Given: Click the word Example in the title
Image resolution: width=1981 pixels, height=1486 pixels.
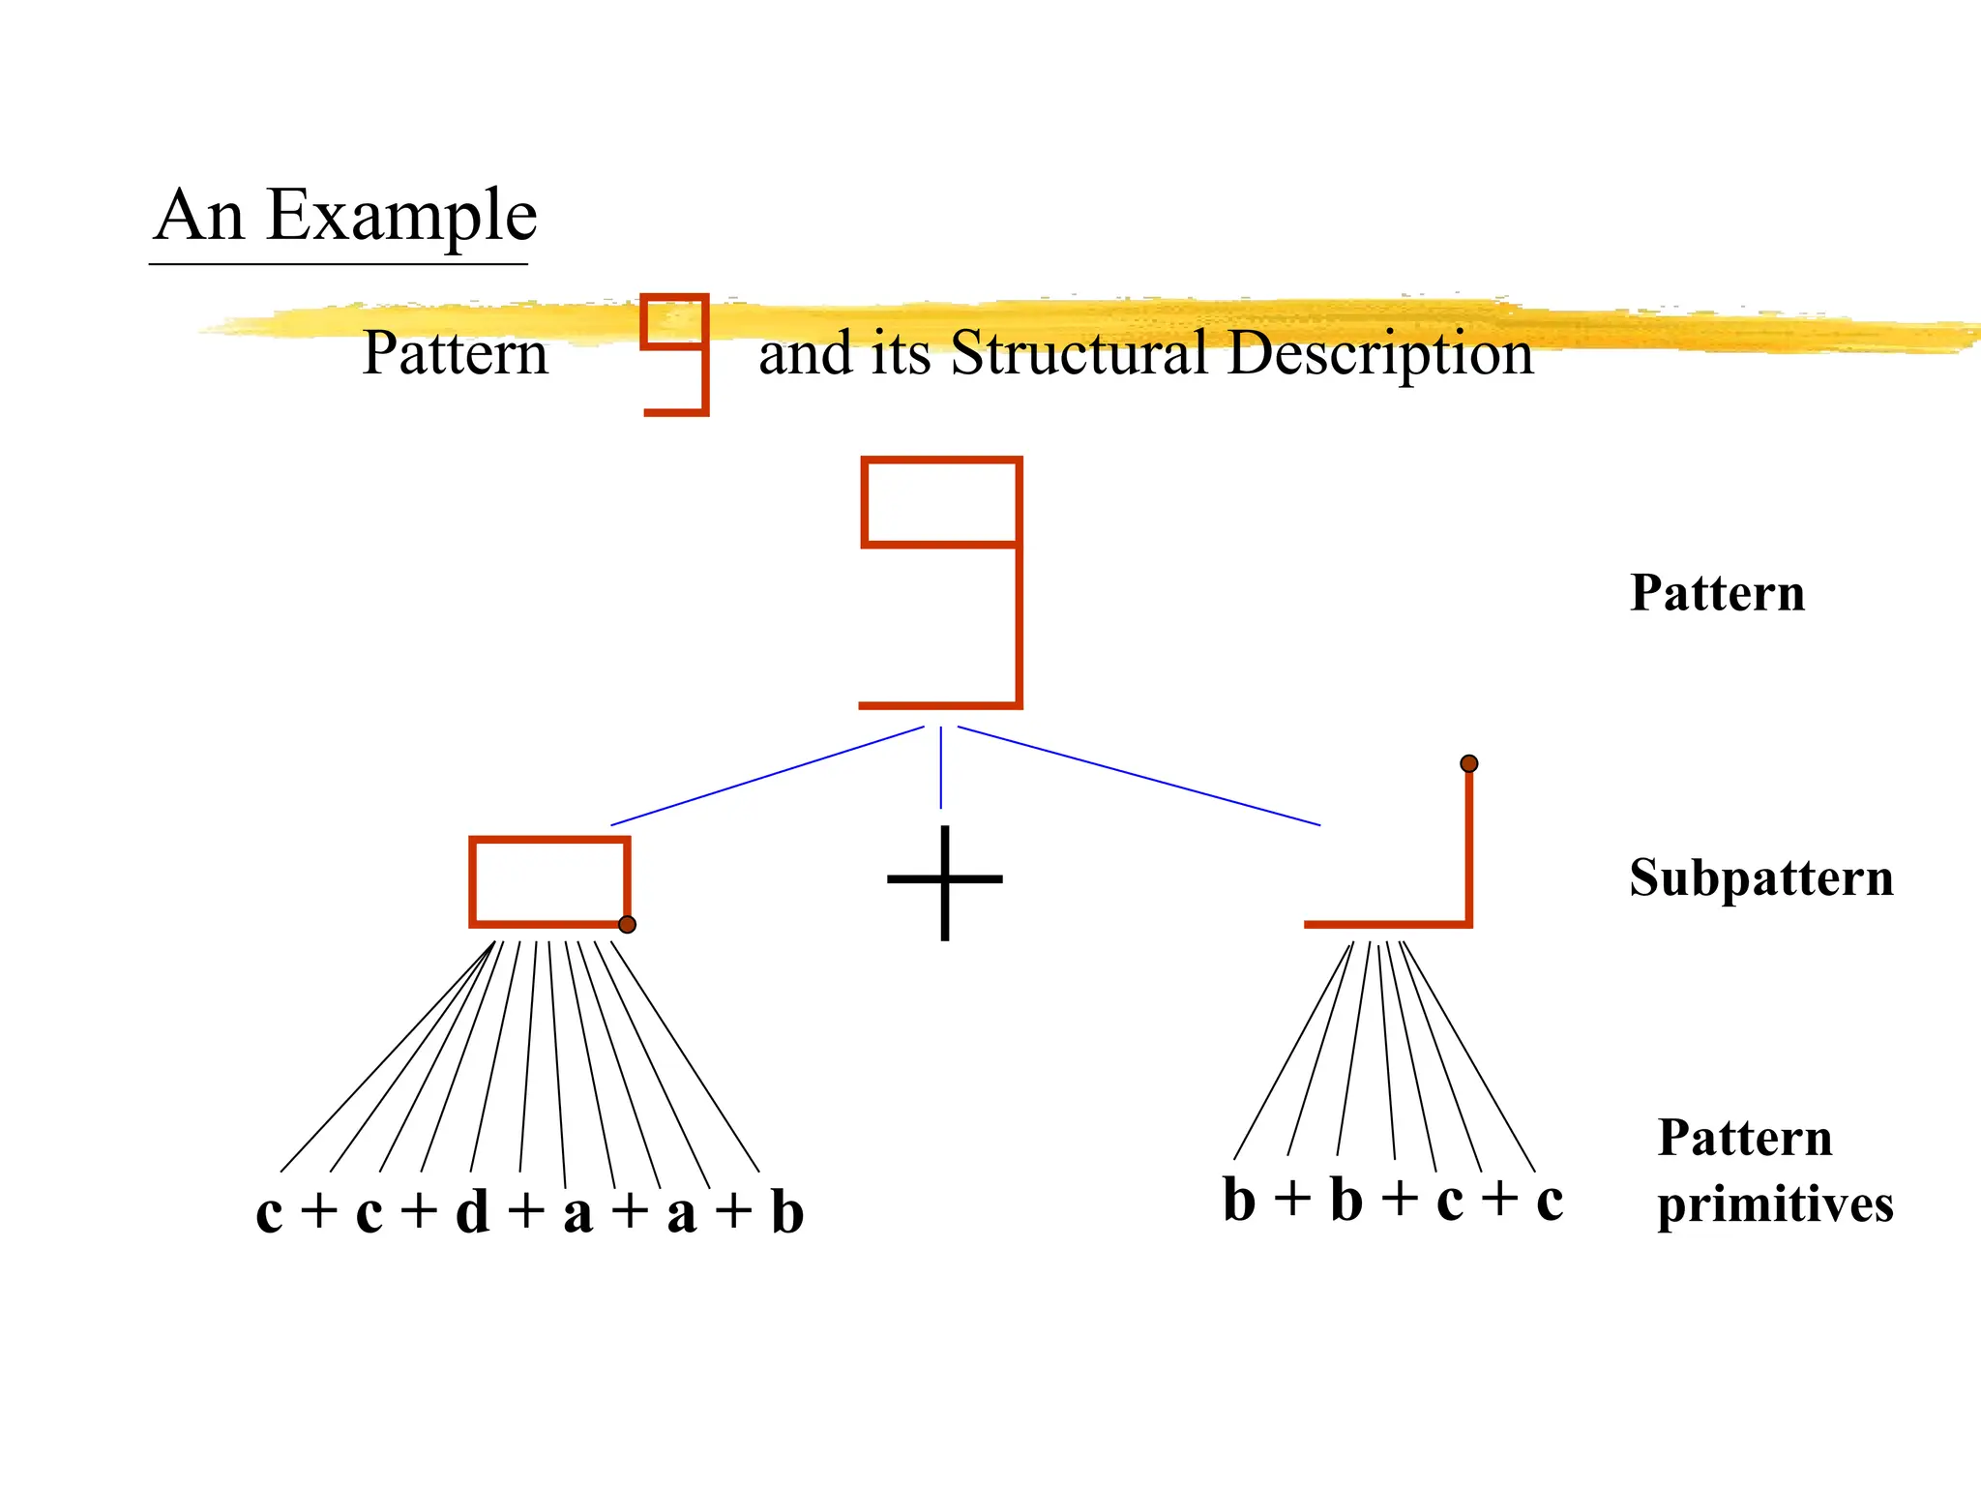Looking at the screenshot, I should click(x=400, y=216).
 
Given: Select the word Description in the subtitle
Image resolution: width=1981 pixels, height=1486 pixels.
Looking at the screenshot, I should click(x=1380, y=354).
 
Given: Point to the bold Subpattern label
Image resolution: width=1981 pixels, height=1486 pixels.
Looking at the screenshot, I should click(x=1760, y=878).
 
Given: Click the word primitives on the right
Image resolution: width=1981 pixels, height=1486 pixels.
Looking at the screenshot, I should click(x=1774, y=1205).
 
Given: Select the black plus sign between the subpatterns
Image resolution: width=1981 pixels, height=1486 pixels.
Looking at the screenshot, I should click(x=944, y=880).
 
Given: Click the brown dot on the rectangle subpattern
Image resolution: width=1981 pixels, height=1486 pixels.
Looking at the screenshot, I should click(x=627, y=925).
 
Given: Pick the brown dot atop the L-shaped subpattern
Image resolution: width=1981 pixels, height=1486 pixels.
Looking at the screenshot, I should click(x=1468, y=764).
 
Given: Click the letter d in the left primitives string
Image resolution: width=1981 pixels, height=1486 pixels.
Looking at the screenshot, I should click(x=472, y=1211).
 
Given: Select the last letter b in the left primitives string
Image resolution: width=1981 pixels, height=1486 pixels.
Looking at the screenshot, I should click(x=786, y=1211).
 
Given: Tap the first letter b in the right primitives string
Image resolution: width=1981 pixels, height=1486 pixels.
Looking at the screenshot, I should click(x=1239, y=1200).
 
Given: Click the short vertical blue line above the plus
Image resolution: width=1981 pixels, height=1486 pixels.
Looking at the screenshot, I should click(x=941, y=767).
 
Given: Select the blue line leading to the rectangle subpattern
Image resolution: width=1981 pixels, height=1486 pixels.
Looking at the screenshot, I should click(x=767, y=776).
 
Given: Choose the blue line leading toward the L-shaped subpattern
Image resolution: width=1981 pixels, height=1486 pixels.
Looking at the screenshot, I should click(x=1138, y=776).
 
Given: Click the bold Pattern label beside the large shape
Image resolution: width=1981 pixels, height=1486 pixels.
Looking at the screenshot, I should click(x=1717, y=593).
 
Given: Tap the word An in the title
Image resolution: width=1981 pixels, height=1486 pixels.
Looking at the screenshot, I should click(x=199, y=216).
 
